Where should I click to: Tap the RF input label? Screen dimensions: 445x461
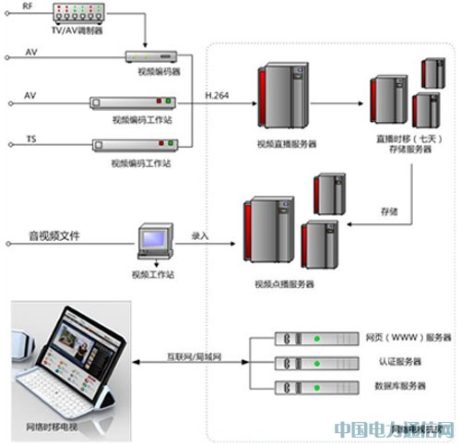pyautogui.click(x=27, y=6)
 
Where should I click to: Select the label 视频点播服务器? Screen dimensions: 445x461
pyautogui.click(x=284, y=284)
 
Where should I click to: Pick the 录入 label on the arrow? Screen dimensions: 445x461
pyautogui.click(x=200, y=236)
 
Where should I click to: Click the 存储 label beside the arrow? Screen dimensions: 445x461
pyautogui.click(x=388, y=210)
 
